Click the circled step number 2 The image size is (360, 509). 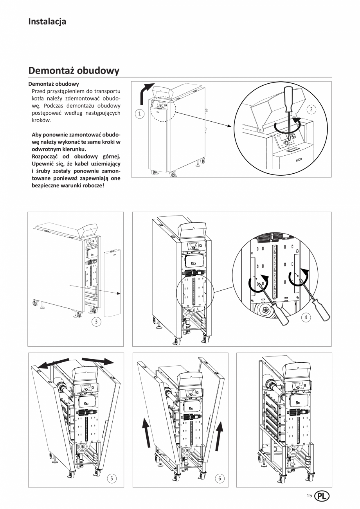click(x=311, y=110)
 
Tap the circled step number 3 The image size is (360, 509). click(x=95, y=322)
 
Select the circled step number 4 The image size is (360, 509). click(x=306, y=318)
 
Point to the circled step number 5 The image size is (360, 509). click(x=112, y=478)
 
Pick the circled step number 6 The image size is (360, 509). click(x=220, y=478)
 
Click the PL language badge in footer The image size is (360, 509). click(x=322, y=496)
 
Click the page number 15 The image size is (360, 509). click(x=309, y=496)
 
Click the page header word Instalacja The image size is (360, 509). click(x=47, y=22)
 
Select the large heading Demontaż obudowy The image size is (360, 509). click(x=74, y=71)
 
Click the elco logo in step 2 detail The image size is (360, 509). click(x=298, y=160)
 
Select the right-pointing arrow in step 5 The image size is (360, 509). click(x=98, y=360)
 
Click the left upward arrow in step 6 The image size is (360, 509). click(x=147, y=432)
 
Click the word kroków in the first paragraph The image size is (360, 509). click(x=40, y=121)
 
